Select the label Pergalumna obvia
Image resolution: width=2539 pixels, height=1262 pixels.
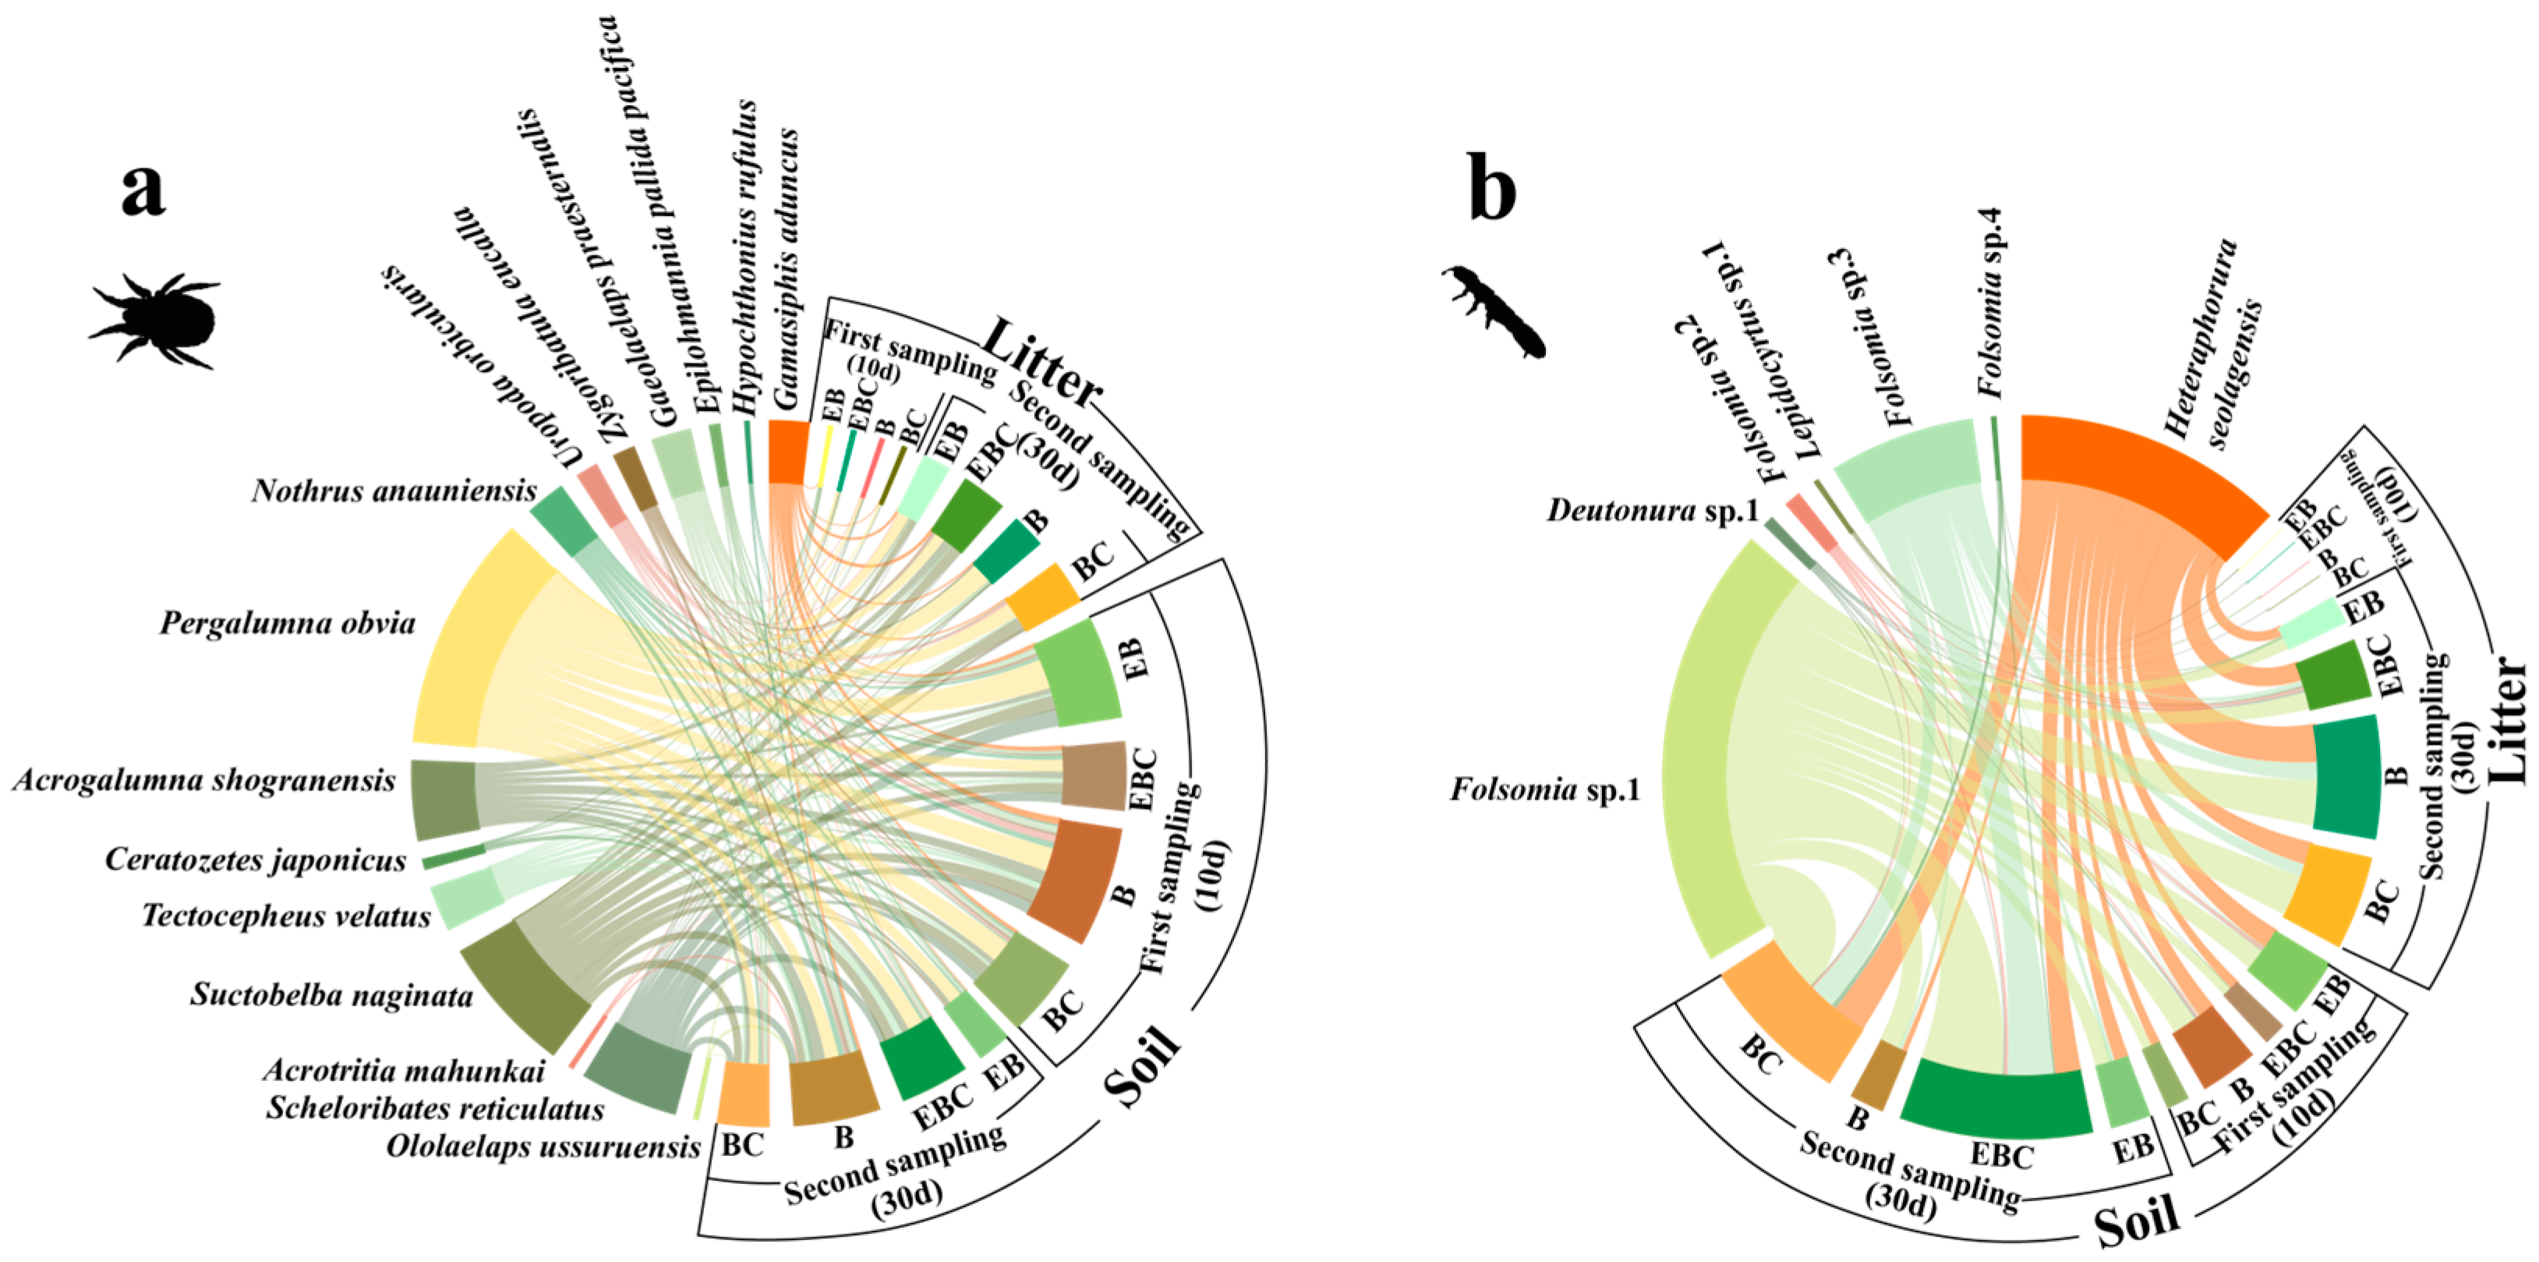(288, 624)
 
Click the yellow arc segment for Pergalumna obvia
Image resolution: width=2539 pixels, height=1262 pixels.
(463, 641)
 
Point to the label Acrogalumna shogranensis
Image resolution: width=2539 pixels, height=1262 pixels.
(204, 782)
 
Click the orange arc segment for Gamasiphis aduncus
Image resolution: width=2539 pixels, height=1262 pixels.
(787, 451)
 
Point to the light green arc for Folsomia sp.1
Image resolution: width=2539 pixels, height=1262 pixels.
(1700, 750)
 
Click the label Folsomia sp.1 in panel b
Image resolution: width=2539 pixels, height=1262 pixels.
(1544, 790)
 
